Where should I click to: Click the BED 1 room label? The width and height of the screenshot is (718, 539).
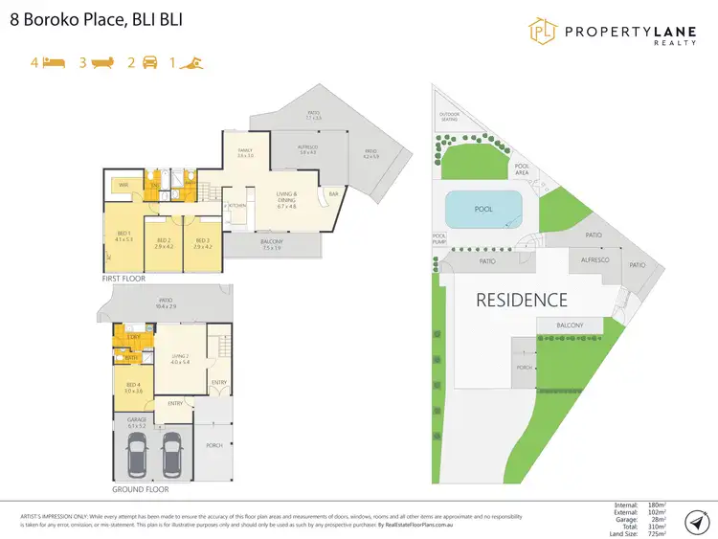point(123,236)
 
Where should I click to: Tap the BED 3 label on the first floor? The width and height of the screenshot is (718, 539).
point(202,242)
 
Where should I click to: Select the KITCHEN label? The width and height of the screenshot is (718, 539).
point(237,206)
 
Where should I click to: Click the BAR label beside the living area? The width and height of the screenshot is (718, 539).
point(333,195)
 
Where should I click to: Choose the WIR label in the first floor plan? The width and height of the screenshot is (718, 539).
point(123,184)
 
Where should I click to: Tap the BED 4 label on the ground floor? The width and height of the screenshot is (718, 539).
point(133,388)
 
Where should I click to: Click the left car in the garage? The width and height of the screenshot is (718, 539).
point(138,456)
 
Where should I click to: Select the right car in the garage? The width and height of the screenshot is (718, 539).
point(172,456)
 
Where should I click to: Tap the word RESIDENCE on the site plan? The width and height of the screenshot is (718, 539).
point(522,300)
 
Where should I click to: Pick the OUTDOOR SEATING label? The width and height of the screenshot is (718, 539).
point(449,117)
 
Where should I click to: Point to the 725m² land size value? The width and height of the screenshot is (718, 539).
point(656,533)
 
